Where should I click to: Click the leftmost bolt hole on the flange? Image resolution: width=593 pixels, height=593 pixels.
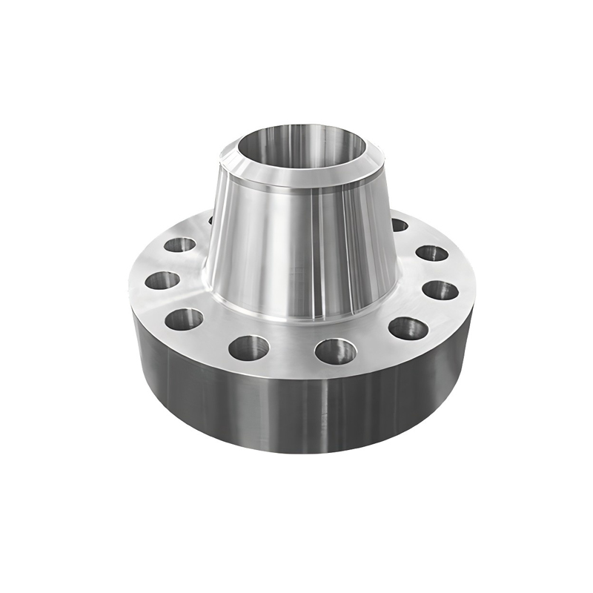click(162, 281)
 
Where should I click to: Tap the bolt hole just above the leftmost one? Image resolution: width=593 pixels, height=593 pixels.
click(179, 245)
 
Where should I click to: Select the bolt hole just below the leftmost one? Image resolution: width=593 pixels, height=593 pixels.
click(184, 319)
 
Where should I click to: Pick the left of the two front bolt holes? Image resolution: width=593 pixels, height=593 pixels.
click(248, 347)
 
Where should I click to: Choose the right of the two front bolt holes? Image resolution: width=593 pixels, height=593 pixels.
click(335, 351)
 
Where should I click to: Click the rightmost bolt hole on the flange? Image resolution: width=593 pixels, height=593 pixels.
click(440, 290)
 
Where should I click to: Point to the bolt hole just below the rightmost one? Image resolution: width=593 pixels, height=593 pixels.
click(408, 328)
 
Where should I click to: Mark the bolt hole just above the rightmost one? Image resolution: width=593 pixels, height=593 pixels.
click(431, 253)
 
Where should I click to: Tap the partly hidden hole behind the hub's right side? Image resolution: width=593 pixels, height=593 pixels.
click(399, 225)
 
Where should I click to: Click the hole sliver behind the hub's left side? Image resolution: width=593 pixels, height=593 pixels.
click(211, 220)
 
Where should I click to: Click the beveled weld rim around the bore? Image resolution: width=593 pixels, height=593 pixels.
click(296, 175)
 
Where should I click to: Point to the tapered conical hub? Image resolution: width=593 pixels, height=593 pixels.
click(296, 245)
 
